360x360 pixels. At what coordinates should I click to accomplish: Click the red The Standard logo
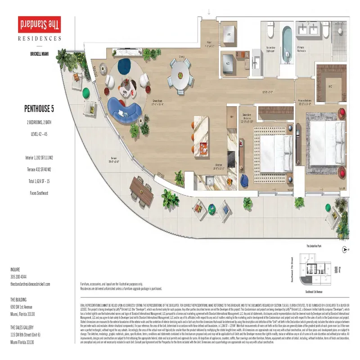click(x=40, y=23)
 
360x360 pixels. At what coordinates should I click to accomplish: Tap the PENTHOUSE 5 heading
click(x=40, y=108)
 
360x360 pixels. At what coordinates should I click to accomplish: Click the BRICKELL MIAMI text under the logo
click(x=40, y=53)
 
